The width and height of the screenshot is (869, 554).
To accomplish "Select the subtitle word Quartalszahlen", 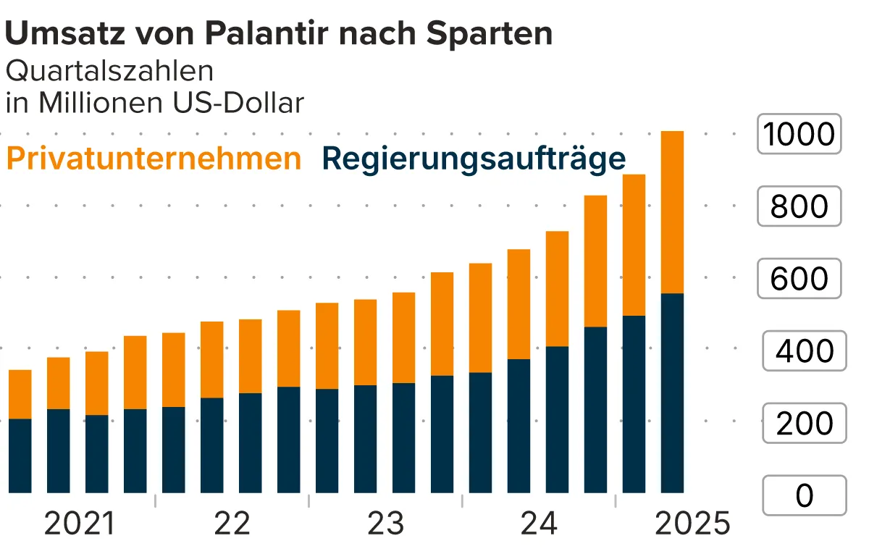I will [110, 71].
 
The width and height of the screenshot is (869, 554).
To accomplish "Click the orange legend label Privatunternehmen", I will [153, 159].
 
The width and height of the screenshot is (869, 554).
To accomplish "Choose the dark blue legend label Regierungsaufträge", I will [474, 159].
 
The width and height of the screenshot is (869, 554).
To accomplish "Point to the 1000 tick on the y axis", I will [799, 134].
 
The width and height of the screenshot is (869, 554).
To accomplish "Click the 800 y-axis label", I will [799, 206].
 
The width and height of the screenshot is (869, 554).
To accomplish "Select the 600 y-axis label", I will [799, 279].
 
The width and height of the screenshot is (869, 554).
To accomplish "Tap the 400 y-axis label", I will [805, 351].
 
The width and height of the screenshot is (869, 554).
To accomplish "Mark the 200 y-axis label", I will [805, 424].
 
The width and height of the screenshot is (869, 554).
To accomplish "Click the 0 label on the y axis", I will [805, 496].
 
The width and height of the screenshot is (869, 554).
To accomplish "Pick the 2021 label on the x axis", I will [79, 524].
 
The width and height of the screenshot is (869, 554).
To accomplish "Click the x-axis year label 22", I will [232, 524].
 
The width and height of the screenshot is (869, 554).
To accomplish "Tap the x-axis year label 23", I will [385, 524].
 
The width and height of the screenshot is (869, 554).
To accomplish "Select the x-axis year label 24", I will [539, 524].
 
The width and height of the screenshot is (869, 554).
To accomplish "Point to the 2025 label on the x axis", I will [692, 524].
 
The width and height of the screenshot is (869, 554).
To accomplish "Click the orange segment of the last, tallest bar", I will [672, 212].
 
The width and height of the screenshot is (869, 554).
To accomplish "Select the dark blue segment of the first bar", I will [20, 456].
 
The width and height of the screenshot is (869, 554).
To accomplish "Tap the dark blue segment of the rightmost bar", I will [672, 393].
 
